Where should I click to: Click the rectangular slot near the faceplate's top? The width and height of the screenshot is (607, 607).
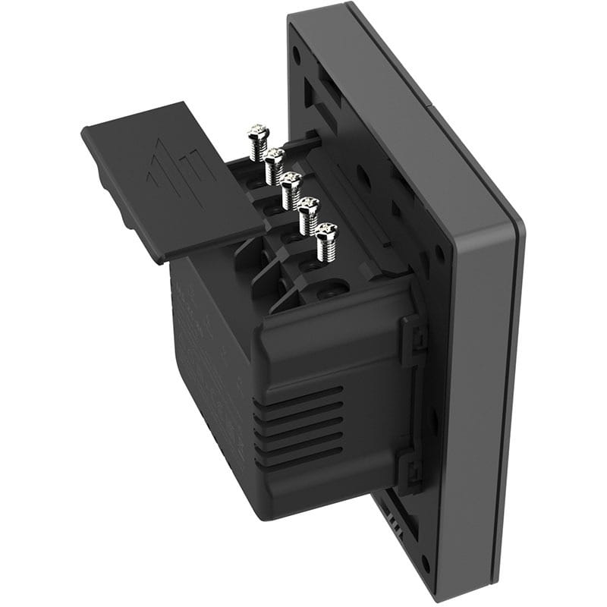(315, 91)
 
